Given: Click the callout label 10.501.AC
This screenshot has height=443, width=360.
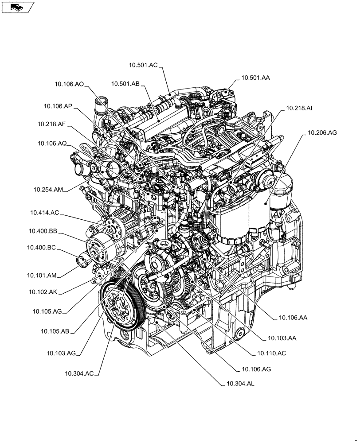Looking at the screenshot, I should [x=143, y=65].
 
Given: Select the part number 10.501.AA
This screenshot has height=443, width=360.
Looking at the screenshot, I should [x=255, y=78].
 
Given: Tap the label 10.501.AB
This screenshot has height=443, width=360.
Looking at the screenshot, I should [x=125, y=83].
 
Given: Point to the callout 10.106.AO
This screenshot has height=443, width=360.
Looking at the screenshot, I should [x=69, y=83].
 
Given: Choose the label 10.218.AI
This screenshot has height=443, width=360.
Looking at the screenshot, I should [x=300, y=108].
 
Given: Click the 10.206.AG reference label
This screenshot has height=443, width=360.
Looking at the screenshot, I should [x=322, y=132].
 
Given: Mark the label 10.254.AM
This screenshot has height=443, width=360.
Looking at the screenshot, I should [x=48, y=189].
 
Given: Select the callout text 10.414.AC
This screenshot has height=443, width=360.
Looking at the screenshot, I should [x=44, y=213].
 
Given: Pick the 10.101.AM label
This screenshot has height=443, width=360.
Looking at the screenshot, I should [x=42, y=275].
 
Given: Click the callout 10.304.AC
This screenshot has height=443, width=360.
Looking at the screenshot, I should [x=79, y=374].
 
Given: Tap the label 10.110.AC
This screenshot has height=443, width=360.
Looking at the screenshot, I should [x=271, y=353].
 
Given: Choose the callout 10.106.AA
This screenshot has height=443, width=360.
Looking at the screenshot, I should [x=293, y=317].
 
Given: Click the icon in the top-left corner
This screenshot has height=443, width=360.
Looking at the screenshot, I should [x=17, y=7].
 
